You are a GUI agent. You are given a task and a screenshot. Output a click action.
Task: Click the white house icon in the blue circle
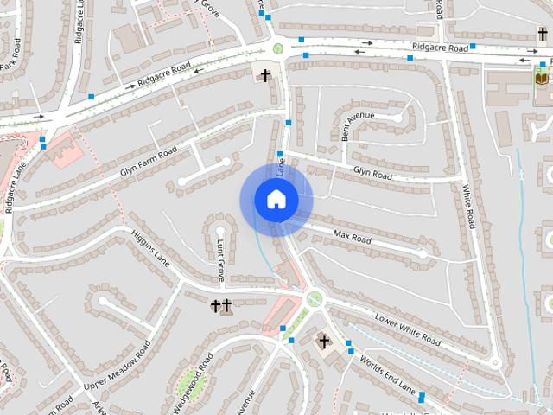coord(276,200)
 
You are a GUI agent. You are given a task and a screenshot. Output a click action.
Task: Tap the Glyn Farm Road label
coord(149,161)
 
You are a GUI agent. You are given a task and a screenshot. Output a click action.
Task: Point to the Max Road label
coord(352,235)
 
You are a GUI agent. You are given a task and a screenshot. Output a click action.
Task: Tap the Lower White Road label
coord(409,329)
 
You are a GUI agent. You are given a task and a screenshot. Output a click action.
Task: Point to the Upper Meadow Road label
coord(118,364)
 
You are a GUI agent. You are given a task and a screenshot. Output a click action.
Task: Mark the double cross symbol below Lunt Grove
coord(221,306)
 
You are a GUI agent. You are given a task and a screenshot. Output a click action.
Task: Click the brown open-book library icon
coord(542,79)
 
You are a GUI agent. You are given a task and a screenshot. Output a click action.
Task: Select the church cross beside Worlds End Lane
coord(324,342)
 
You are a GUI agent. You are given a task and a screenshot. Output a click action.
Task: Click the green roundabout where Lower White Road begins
coord(314,299)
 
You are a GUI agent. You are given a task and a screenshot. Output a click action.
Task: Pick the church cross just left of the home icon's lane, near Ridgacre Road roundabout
coord(265,75)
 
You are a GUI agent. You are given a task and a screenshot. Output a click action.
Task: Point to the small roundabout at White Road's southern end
coord(495,363)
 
